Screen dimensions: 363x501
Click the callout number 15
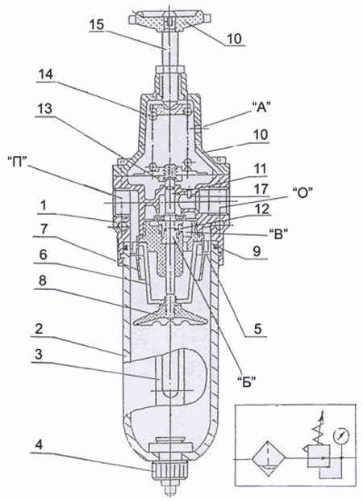click(97, 24)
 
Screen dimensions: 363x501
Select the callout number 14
click(46, 74)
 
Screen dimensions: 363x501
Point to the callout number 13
click(44, 108)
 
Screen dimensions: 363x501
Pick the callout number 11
click(259, 169)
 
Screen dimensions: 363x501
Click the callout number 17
click(261, 189)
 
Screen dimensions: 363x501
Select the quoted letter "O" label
click(302, 192)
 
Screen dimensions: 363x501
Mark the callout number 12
click(261, 209)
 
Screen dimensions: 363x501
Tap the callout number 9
click(257, 251)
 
